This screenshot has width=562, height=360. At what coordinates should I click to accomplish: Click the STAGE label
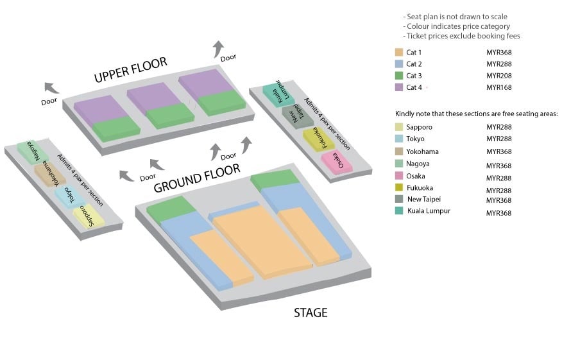click(x=311, y=313)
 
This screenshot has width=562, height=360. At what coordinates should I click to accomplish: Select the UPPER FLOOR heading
click(x=130, y=70)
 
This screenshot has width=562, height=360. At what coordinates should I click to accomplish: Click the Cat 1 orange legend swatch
click(x=399, y=53)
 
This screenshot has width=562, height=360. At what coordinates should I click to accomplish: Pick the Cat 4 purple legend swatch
click(x=399, y=87)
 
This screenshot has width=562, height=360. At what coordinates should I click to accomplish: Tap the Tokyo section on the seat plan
click(x=69, y=196)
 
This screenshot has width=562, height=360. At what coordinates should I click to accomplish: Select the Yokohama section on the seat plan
click(x=49, y=174)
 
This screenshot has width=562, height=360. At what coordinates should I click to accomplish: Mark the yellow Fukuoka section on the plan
click(x=316, y=138)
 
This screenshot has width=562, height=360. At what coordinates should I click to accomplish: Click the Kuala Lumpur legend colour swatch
click(x=399, y=211)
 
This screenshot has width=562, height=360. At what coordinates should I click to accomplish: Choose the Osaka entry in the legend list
click(x=416, y=176)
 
